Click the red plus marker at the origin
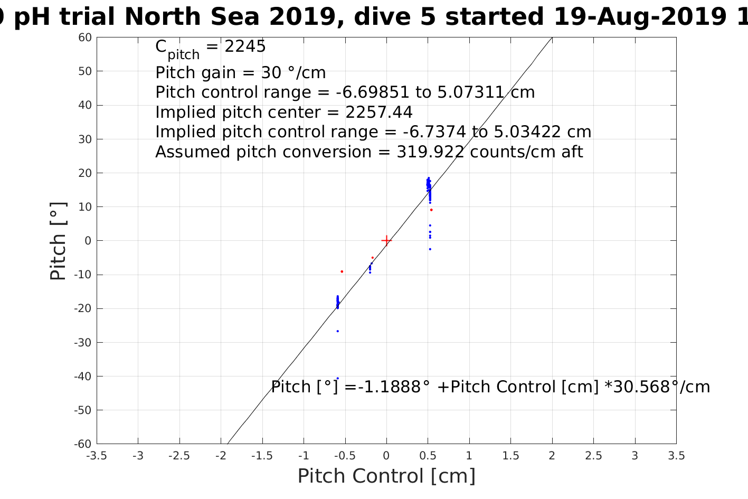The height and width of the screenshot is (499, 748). click(386, 241)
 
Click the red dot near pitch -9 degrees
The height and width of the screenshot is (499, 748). click(342, 271)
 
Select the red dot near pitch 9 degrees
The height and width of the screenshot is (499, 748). click(431, 210)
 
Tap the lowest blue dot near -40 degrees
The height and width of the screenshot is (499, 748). click(338, 378)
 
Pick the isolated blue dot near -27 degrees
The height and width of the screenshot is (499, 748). click(338, 331)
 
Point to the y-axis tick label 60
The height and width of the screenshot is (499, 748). click(85, 37)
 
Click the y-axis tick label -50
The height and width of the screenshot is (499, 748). click(83, 410)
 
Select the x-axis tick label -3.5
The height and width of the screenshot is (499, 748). click(96, 456)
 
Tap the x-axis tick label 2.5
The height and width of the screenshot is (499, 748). click(593, 456)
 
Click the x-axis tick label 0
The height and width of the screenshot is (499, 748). click(386, 456)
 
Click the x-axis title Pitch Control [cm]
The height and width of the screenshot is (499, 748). click(386, 476)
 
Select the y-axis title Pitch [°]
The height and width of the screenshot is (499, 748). click(58, 241)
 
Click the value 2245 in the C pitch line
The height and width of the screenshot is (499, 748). click(245, 46)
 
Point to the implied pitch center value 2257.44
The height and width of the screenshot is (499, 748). click(379, 112)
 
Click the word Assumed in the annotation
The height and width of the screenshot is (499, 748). click(193, 152)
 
